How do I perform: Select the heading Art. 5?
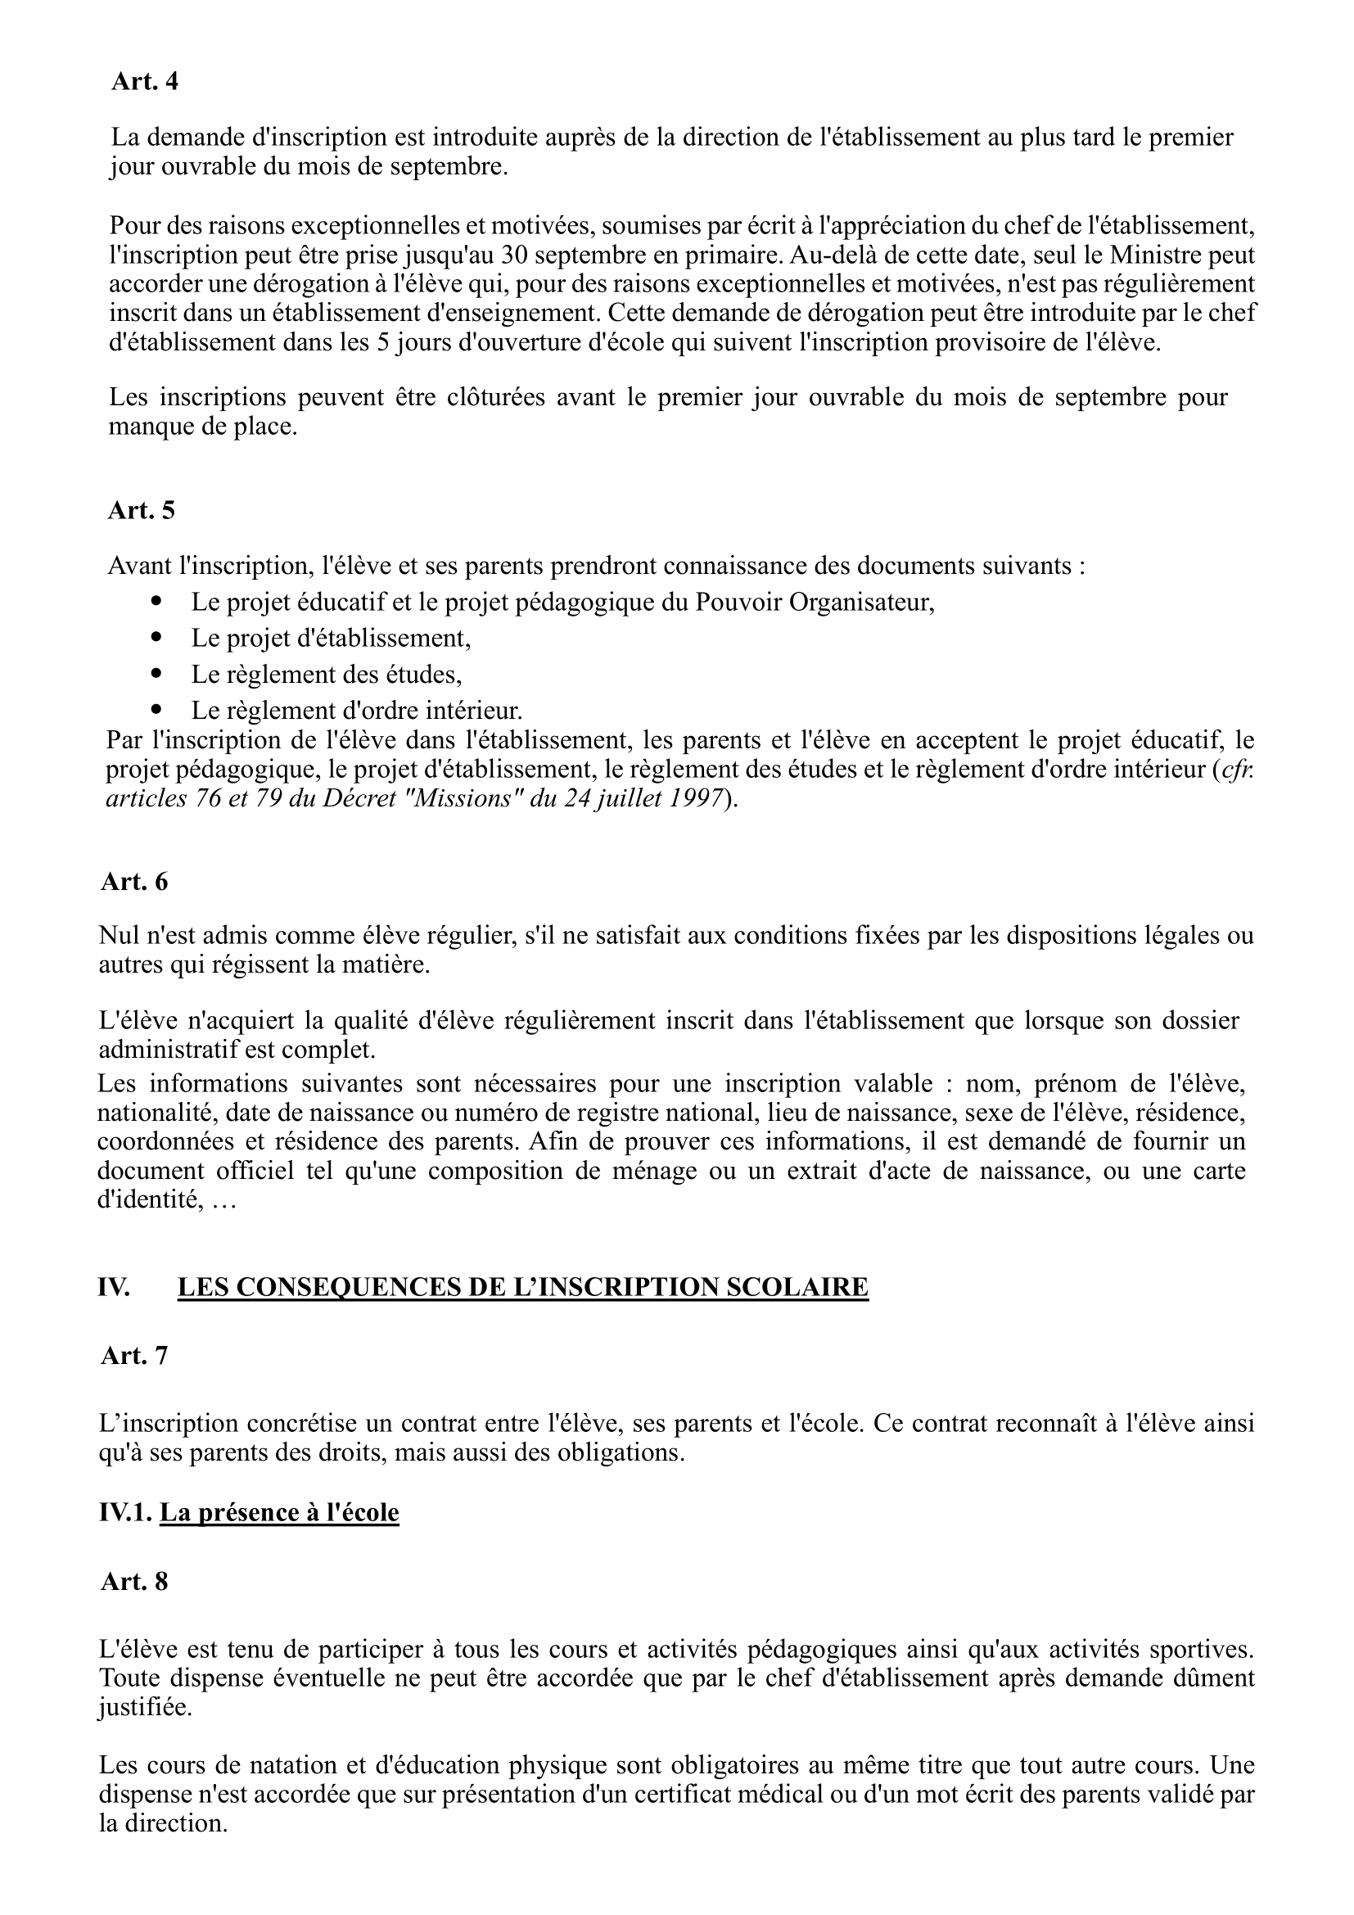click(141, 510)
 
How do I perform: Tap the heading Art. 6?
click(134, 882)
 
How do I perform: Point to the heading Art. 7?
click(134, 1355)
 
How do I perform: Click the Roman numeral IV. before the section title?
click(115, 1287)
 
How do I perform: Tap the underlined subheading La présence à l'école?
click(279, 1512)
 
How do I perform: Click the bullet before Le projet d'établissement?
click(156, 636)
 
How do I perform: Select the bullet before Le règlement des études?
click(156, 672)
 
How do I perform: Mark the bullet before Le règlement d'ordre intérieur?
click(156, 709)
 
